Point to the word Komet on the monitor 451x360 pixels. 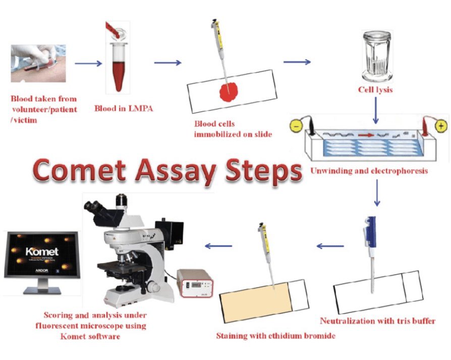coord(42,251)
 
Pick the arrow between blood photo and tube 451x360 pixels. coord(88,64)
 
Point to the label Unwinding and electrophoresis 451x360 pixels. coord(370,170)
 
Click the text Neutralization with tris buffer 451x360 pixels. coord(377,321)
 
